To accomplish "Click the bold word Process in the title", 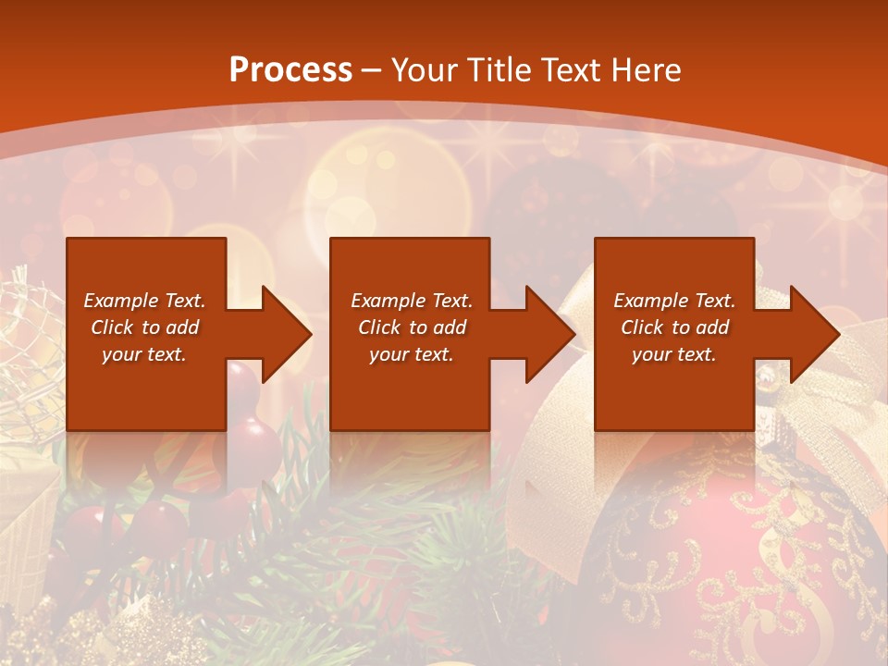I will pos(290,70).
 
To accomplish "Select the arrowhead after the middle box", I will pos(545,335).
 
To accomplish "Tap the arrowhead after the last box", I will pos(809,335).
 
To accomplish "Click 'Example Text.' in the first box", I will pos(144,301).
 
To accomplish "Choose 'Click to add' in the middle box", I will pos(412,327).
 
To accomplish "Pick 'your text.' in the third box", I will pos(674,354).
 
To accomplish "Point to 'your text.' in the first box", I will pos(144,354).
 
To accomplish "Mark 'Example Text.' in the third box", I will pos(674,301).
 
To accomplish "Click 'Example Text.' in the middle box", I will pos(412,301).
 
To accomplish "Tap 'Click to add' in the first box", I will pos(144,327).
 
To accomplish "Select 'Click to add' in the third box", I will pos(674,327).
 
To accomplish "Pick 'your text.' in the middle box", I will pos(412,354).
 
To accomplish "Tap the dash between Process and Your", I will pos(372,71).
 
